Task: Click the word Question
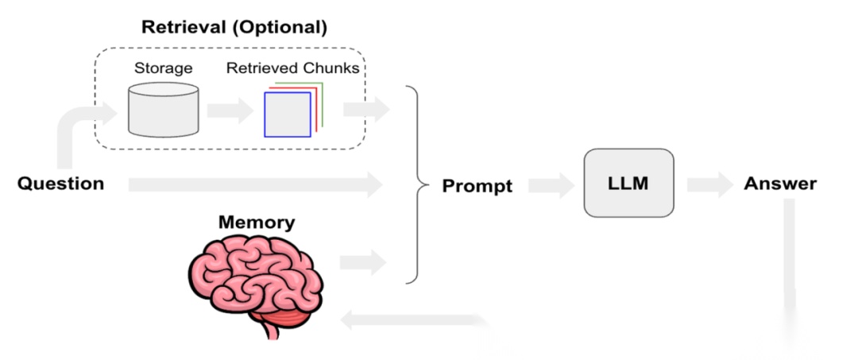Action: (60, 184)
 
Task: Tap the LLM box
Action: (628, 183)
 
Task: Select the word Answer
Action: (779, 184)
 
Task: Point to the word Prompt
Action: (477, 186)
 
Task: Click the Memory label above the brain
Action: (256, 222)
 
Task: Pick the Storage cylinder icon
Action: (163, 110)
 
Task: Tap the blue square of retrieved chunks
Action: (287, 115)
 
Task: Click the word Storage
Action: (163, 68)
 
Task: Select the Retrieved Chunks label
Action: (292, 68)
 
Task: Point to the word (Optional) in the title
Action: (284, 27)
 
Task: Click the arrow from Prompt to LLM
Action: (551, 185)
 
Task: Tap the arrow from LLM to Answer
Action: (709, 185)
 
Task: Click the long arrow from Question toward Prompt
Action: (254, 185)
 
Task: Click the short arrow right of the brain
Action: (362, 261)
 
